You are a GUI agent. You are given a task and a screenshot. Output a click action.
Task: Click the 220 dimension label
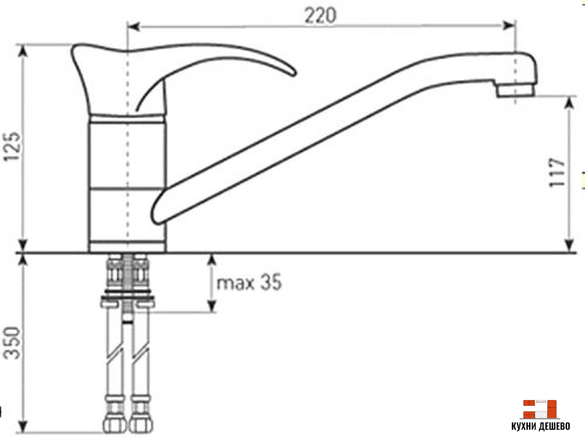(319, 15)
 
